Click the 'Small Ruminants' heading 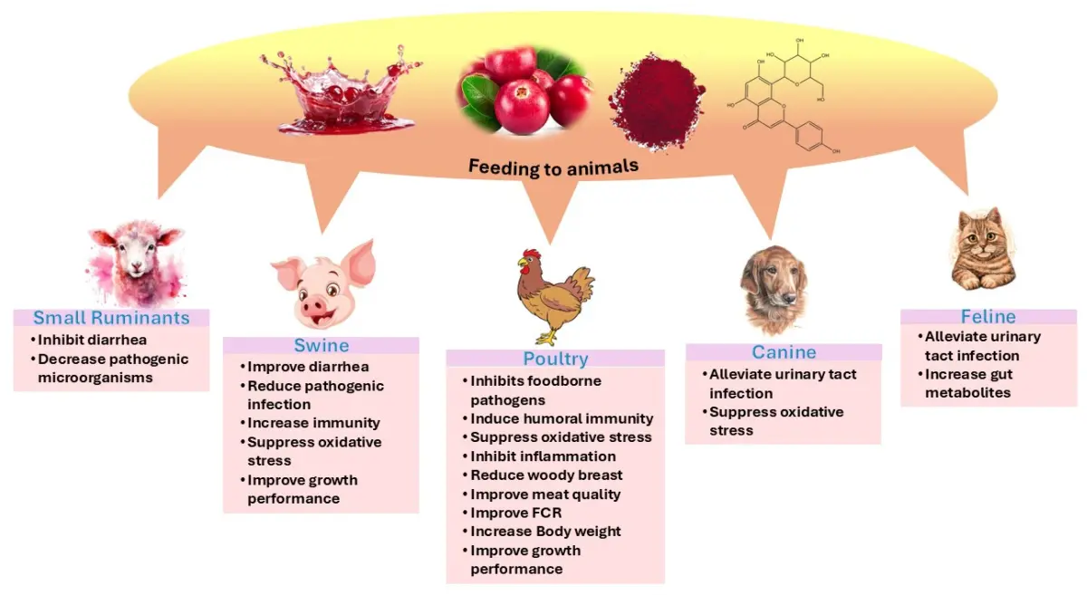point(111,318)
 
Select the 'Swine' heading point(321,345)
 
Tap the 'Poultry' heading point(555,359)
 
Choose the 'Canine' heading point(784,352)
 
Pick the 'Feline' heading point(987,317)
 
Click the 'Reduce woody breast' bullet point(546,475)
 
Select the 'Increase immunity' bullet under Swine point(313,423)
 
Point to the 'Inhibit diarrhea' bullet point(93,340)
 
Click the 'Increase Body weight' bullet point(545,532)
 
